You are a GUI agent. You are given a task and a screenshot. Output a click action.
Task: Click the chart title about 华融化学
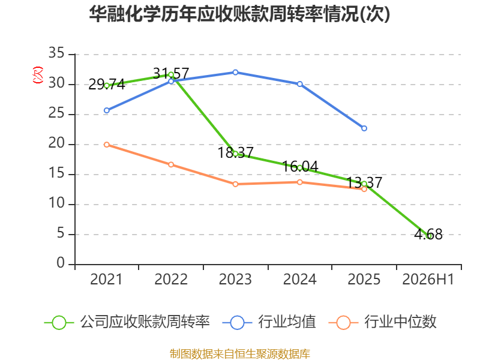tap(239, 14)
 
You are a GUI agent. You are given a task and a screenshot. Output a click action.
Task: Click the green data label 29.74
tap(107, 84)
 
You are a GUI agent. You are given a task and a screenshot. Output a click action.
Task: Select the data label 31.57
tap(171, 73)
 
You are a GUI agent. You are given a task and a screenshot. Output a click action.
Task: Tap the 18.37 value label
tap(235, 152)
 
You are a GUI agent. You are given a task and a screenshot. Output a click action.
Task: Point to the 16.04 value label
tap(300, 167)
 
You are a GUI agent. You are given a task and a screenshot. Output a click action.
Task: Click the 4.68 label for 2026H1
tap(428, 235)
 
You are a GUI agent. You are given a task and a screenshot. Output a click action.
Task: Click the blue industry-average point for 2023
tap(235, 73)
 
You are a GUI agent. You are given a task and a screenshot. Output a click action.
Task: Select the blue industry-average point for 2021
tap(107, 110)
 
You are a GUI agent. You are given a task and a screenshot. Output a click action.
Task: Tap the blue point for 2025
tap(364, 128)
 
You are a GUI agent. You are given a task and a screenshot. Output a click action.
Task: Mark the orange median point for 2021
tap(107, 145)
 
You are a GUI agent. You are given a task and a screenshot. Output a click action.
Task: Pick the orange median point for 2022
tap(171, 164)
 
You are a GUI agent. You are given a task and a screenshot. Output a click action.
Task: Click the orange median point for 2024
tap(299, 182)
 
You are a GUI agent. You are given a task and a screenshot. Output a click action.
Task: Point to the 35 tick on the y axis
tap(56, 53)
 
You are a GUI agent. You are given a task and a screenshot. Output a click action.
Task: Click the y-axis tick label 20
tap(56, 143)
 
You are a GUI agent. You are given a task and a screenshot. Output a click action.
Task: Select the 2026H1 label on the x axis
tap(428, 279)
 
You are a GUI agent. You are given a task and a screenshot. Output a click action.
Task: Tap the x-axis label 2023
tap(235, 279)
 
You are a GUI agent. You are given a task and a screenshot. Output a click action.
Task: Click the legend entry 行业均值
tap(269, 322)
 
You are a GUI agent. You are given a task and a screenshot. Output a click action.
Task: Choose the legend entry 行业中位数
tap(383, 322)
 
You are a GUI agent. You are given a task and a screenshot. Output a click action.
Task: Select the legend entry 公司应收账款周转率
tap(127, 322)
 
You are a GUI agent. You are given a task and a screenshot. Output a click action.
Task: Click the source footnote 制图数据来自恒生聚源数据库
tap(240, 354)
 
